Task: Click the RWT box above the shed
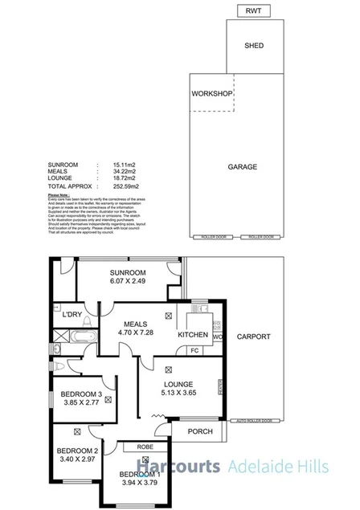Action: point(254,10)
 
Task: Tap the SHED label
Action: point(254,46)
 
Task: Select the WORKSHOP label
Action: point(212,94)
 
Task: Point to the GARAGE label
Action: point(242,167)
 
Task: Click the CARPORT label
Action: point(254,337)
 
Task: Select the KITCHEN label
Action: point(193,334)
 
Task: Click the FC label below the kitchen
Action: point(194,350)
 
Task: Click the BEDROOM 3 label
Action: point(83,394)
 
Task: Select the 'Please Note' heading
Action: point(59,195)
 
